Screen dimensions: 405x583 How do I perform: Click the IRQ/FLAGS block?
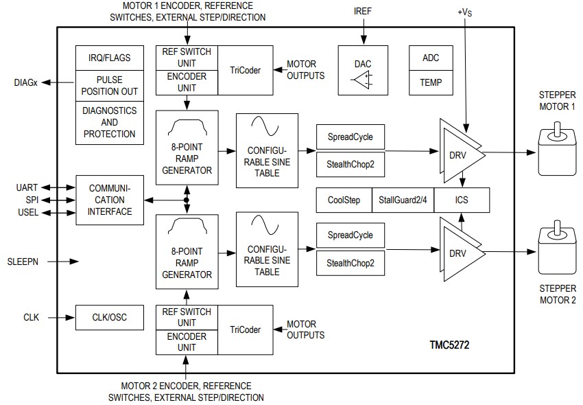click(x=110, y=58)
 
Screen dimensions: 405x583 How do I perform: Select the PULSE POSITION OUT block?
click(x=110, y=86)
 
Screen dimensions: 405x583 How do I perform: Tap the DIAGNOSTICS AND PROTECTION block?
click(x=110, y=122)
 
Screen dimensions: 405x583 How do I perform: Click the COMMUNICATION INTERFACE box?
click(x=110, y=200)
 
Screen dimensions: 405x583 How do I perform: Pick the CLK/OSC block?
click(x=110, y=317)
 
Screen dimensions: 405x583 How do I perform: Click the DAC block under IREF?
click(x=363, y=71)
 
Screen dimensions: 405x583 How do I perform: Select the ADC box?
click(x=431, y=58)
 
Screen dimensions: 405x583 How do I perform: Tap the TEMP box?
click(x=431, y=82)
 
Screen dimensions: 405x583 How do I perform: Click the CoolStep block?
click(x=344, y=200)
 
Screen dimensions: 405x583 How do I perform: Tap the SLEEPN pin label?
click(x=27, y=262)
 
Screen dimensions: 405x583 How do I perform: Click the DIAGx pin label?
click(x=25, y=82)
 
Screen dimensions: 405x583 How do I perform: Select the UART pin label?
click(x=27, y=187)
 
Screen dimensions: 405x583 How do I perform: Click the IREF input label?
click(x=363, y=11)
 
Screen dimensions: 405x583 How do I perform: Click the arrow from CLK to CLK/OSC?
click(x=58, y=317)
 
